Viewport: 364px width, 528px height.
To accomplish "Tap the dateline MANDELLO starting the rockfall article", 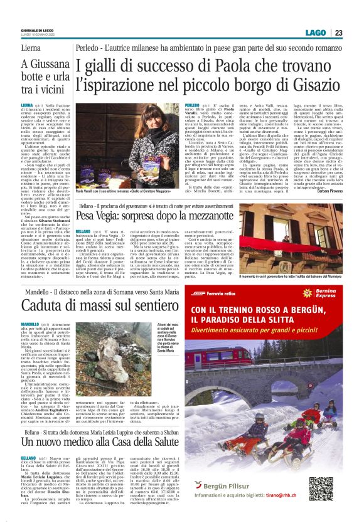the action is coord(29,324).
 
